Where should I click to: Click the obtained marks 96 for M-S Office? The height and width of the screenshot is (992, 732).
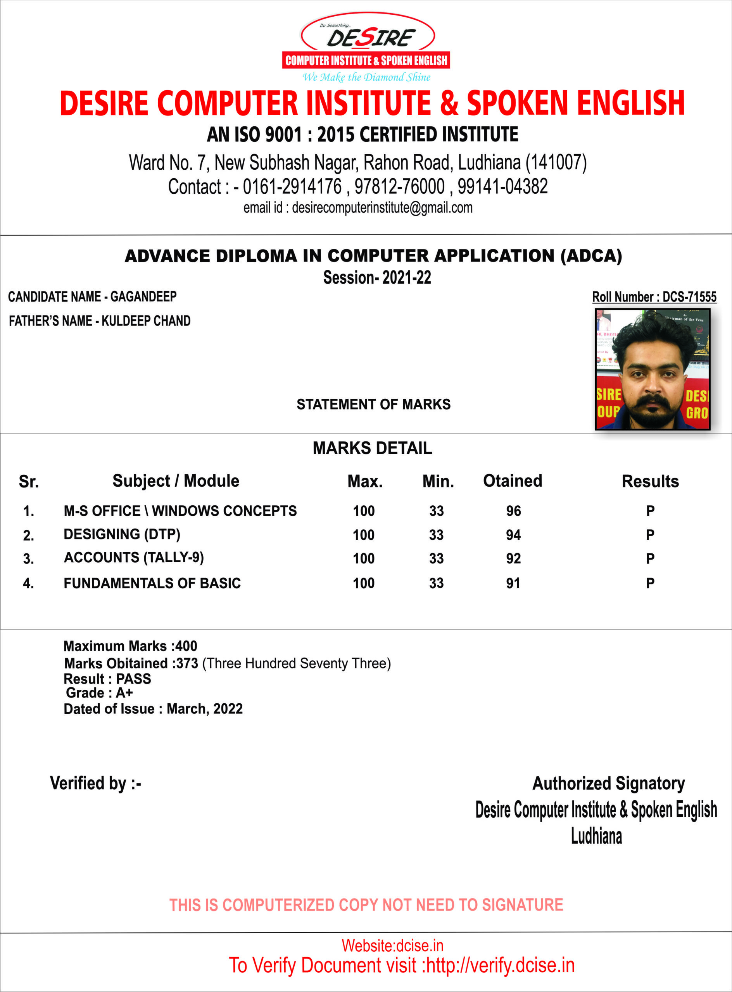[514, 511]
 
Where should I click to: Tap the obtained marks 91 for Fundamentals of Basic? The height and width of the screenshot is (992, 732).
[513, 583]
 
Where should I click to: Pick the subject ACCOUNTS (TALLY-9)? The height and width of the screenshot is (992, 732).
[134, 558]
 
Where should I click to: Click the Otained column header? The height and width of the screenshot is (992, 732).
[513, 481]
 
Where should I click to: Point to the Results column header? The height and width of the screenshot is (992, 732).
[650, 481]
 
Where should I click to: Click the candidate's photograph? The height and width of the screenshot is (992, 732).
[652, 369]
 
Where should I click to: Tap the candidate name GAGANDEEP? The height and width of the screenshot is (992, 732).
[143, 296]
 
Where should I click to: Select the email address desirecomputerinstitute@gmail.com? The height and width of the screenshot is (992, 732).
[382, 208]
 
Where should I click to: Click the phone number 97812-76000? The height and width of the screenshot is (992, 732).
[399, 186]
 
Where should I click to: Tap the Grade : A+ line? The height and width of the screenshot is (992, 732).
[99, 692]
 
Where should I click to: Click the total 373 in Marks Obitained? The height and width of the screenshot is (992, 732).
[187, 663]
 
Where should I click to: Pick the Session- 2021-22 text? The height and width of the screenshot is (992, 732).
[377, 278]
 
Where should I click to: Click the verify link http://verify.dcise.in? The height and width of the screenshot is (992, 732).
[500, 965]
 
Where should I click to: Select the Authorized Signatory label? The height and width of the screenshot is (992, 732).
[608, 784]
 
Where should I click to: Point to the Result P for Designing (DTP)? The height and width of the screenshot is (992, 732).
[650, 535]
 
